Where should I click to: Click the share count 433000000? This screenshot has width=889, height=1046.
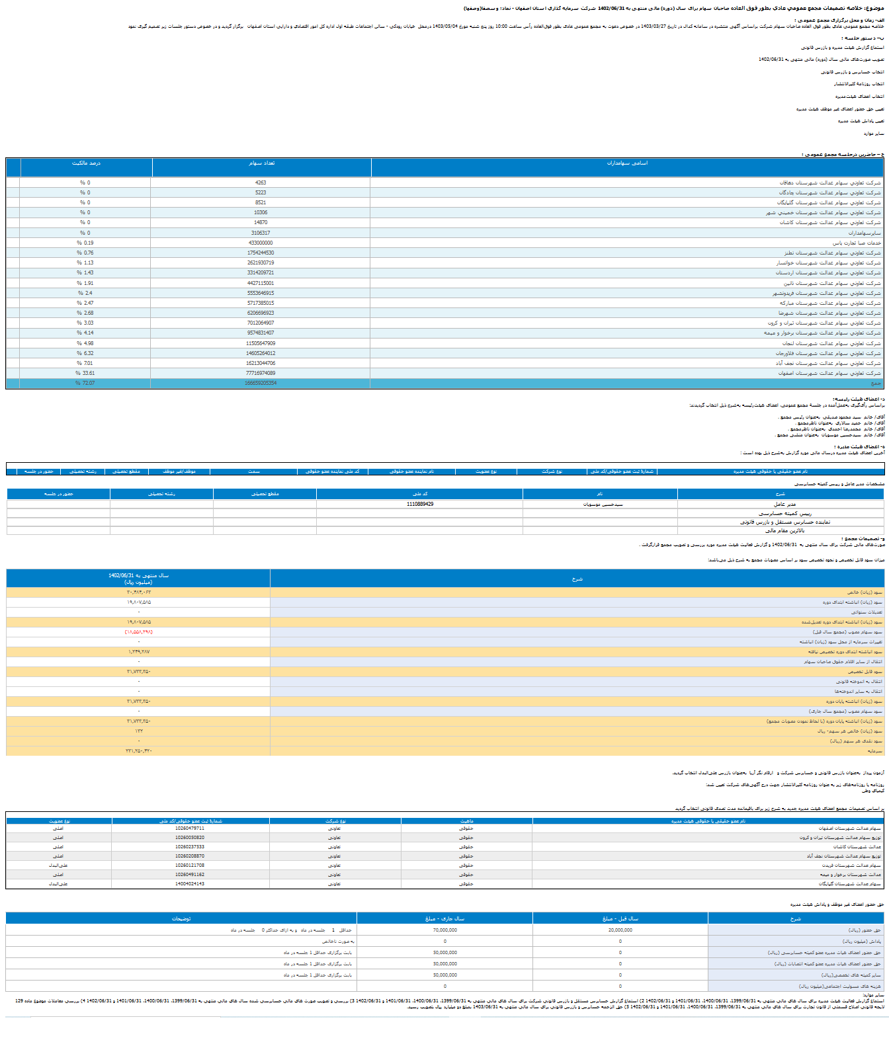click(x=261, y=243)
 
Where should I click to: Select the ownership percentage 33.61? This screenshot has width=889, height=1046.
click(x=85, y=373)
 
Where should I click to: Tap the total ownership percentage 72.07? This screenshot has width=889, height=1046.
click(x=85, y=383)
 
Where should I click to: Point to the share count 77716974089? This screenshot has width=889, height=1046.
click(x=261, y=373)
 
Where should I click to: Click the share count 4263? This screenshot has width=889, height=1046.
click(x=261, y=182)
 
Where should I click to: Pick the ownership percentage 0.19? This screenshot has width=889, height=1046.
click(x=85, y=243)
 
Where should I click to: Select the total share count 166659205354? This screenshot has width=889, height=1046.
click(x=261, y=383)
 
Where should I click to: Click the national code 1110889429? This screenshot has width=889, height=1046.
click(x=420, y=504)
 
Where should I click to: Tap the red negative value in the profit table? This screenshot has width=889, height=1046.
click(x=139, y=632)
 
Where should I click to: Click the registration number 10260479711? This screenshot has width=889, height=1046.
click(x=190, y=828)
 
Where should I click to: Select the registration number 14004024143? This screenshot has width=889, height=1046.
click(x=190, y=883)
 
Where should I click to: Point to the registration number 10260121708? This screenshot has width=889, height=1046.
click(x=190, y=865)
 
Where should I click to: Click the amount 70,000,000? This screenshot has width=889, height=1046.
click(x=445, y=930)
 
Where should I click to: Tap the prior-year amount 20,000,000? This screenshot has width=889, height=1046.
click(x=620, y=930)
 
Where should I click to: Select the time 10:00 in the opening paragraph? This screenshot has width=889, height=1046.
click(x=501, y=26)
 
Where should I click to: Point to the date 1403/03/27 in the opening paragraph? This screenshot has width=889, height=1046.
click(x=654, y=26)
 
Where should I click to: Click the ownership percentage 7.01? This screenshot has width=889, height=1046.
click(x=85, y=363)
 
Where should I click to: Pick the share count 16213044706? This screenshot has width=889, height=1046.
click(x=261, y=363)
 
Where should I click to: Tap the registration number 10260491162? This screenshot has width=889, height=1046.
click(x=190, y=874)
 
